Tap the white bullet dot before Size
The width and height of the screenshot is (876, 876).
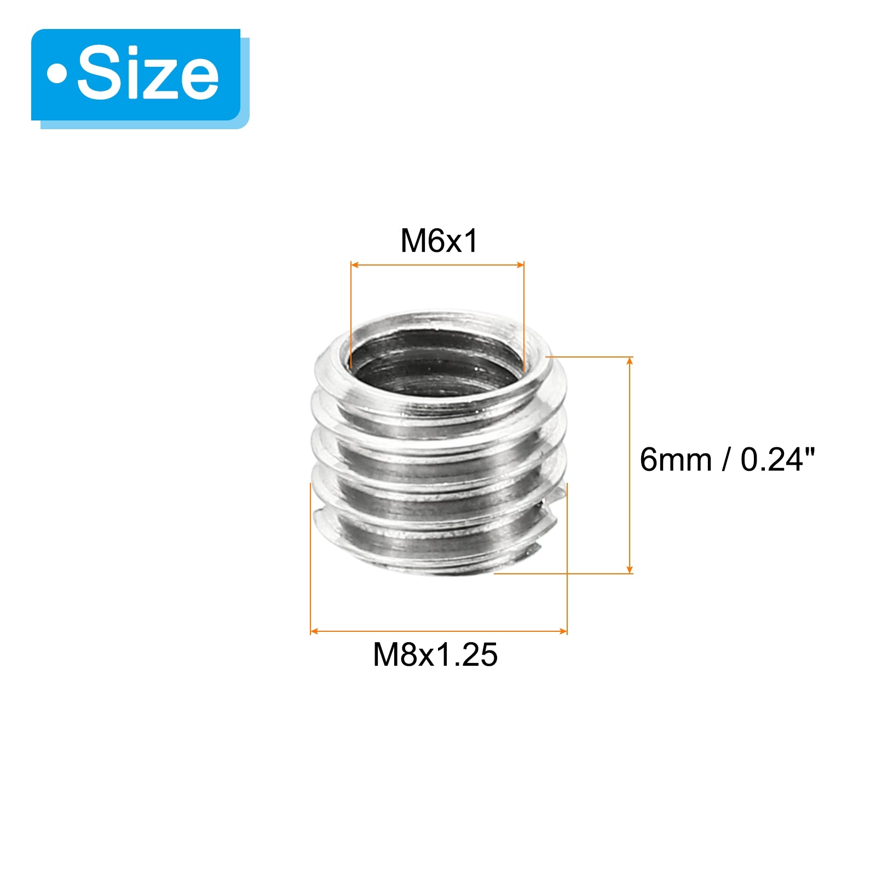56,74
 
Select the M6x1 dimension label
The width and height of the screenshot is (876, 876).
439,240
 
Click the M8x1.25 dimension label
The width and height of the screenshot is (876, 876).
435,654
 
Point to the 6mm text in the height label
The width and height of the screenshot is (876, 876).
676,459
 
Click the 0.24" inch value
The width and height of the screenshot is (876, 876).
777,459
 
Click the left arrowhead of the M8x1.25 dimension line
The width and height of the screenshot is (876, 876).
314,631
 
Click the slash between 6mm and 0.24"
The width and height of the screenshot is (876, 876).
726,459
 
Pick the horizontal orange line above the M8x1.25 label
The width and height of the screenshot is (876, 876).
438,631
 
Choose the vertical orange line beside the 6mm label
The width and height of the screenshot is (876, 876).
630,465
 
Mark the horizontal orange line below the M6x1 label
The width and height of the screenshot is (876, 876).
438,265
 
